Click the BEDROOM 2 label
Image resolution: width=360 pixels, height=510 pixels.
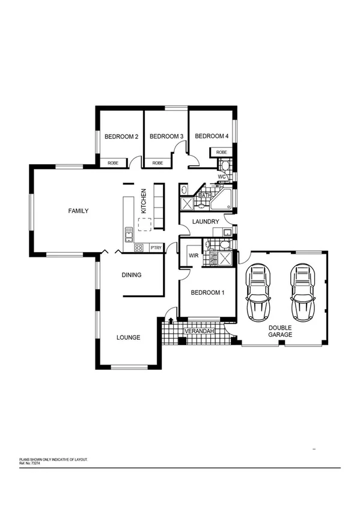click(x=121, y=137)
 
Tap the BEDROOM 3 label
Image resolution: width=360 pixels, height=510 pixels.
click(x=166, y=137)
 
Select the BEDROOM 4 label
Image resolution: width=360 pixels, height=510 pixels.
click(x=212, y=137)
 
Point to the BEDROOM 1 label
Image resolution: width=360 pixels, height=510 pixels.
click(x=207, y=293)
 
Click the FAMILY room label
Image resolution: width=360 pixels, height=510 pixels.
click(x=78, y=211)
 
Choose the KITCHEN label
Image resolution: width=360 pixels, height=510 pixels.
click(x=144, y=202)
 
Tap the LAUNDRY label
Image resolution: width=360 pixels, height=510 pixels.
click(x=205, y=222)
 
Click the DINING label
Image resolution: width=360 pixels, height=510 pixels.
click(x=132, y=275)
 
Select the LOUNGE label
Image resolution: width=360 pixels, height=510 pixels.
click(x=128, y=338)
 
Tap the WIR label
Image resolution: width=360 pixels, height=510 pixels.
click(x=194, y=256)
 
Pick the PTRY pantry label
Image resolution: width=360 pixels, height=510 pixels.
click(x=156, y=247)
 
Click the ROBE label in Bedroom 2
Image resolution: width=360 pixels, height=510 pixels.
click(x=113, y=163)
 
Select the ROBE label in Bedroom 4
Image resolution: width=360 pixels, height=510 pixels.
click(x=222, y=153)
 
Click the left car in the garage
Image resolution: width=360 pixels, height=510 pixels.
click(x=258, y=293)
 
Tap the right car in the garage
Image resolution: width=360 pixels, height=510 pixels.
click(x=302, y=293)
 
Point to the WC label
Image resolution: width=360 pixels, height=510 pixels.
click(x=221, y=177)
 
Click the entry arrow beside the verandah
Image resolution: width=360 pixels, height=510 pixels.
click(x=172, y=321)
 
